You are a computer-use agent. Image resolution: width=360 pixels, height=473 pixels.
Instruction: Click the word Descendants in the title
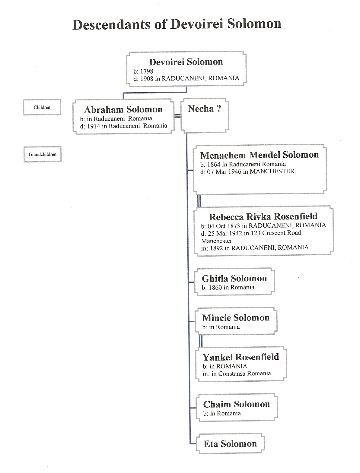(111, 24)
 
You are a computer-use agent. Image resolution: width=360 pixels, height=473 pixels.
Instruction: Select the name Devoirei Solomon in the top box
(186, 62)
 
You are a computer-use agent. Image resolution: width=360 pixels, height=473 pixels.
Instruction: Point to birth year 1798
(147, 71)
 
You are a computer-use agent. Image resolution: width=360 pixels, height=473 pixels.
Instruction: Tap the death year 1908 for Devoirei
(147, 79)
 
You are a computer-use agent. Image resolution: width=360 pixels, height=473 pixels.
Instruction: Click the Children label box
(42, 107)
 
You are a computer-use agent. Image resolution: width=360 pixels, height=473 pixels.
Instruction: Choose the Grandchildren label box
(43, 154)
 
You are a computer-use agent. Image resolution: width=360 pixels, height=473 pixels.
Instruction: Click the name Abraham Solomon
(123, 109)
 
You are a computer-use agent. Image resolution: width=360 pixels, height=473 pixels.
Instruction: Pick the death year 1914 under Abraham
(94, 126)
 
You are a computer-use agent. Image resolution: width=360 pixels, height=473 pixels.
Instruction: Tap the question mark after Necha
(219, 109)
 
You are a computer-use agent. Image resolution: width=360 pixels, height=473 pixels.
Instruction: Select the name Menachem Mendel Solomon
(259, 155)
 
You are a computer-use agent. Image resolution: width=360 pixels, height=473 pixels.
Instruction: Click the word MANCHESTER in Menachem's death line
(272, 171)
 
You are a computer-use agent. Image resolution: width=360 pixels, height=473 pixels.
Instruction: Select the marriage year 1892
(216, 248)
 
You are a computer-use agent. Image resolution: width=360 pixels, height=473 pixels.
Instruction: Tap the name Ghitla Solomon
(234, 279)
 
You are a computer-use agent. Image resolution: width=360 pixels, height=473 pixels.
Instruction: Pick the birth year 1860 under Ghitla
(215, 288)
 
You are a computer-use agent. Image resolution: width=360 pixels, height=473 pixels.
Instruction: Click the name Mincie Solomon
(236, 318)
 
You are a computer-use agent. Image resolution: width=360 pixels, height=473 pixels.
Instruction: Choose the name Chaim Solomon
(236, 404)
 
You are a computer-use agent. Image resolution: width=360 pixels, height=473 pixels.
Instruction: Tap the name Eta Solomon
(230, 444)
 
